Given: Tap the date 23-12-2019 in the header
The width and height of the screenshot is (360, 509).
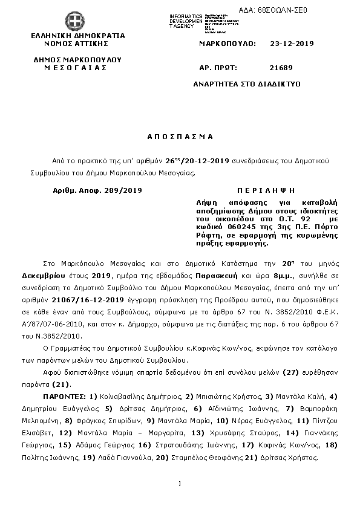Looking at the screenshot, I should pyautogui.click(x=292, y=44).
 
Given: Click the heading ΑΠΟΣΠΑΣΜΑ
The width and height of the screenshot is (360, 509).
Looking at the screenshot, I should pyautogui.click(x=181, y=137).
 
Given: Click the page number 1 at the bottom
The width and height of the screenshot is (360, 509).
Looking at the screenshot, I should pyautogui.click(x=180, y=483).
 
